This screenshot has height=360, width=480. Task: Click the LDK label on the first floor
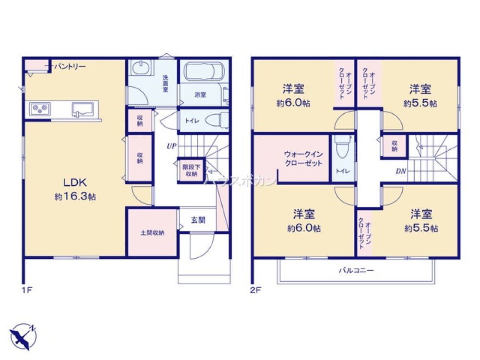pyautogui.click(x=75, y=182)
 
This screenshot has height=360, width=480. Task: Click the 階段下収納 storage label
pyautogui.click(x=191, y=170)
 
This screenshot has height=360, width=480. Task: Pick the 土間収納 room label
pyautogui.click(x=152, y=233)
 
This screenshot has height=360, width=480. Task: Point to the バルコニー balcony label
pyautogui.click(x=356, y=270)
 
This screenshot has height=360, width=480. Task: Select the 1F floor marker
pyautogui.click(x=25, y=290)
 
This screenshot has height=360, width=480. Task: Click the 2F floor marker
pyautogui.click(x=254, y=290)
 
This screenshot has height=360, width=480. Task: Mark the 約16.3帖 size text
pyautogui.click(x=75, y=197)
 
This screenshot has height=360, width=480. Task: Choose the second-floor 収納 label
pyautogui.click(x=394, y=146)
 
